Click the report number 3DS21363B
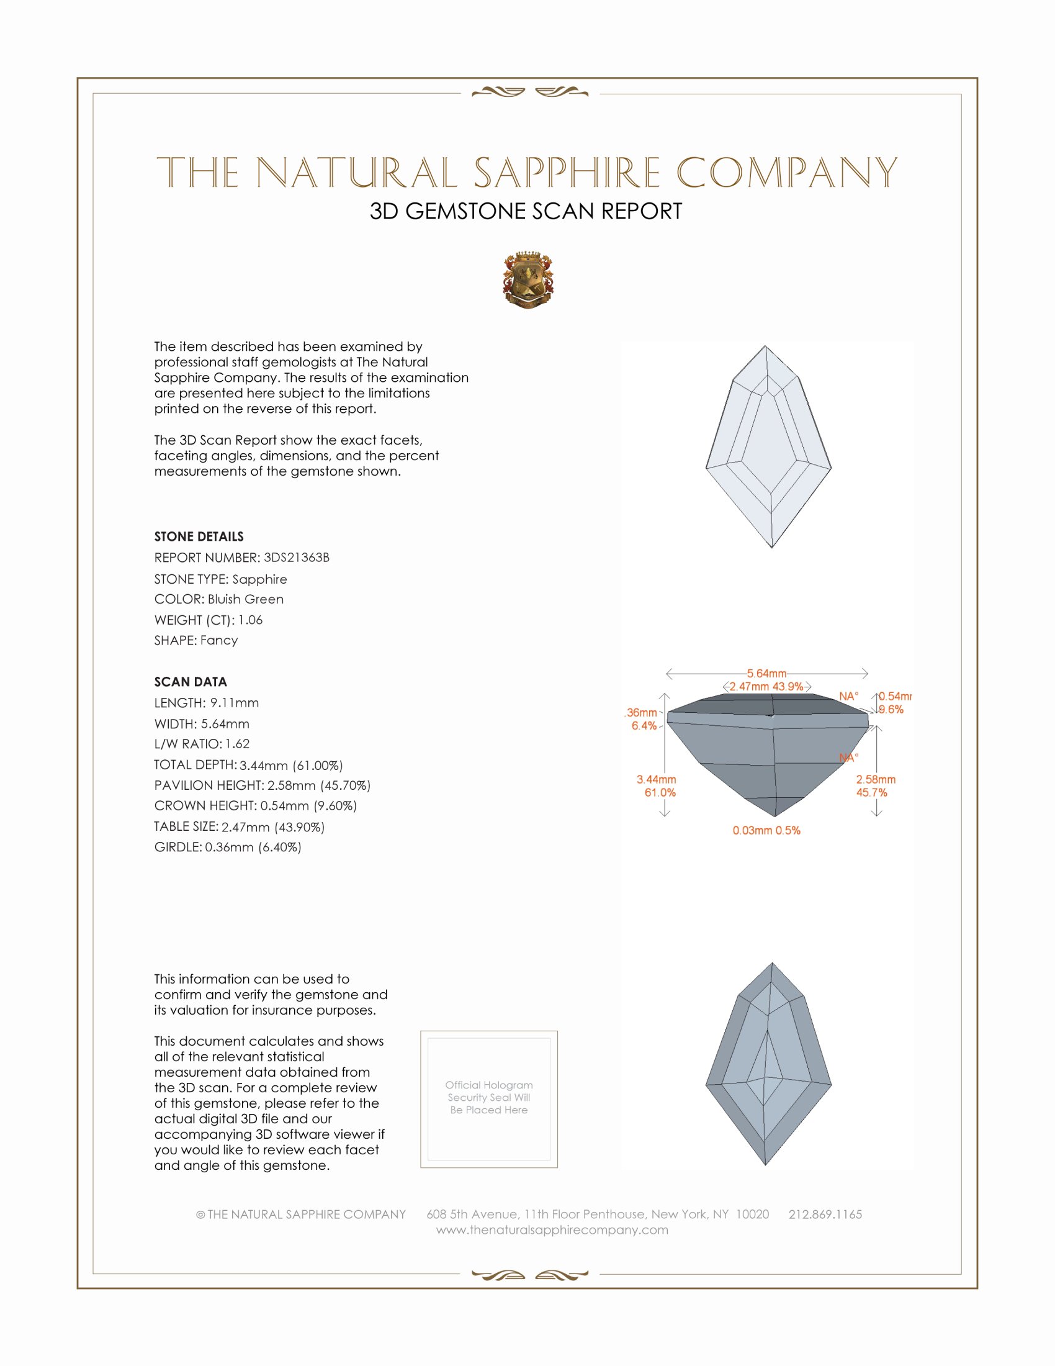(296, 558)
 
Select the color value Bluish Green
(246, 599)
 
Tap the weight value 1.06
(250, 620)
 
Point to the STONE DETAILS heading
(199, 536)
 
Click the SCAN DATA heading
(191, 682)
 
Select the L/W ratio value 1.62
(238, 744)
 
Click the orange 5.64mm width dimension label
(766, 674)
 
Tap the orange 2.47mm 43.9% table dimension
(766, 687)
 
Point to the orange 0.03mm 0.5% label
(766, 831)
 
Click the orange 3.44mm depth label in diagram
(656, 779)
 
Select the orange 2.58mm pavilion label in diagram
(876, 779)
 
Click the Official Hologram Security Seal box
(489, 1100)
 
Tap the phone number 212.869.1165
(825, 1214)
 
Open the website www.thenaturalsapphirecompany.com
(552, 1230)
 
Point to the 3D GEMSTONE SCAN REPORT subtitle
(526, 211)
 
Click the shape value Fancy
(218, 641)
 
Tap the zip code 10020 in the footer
(752, 1214)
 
